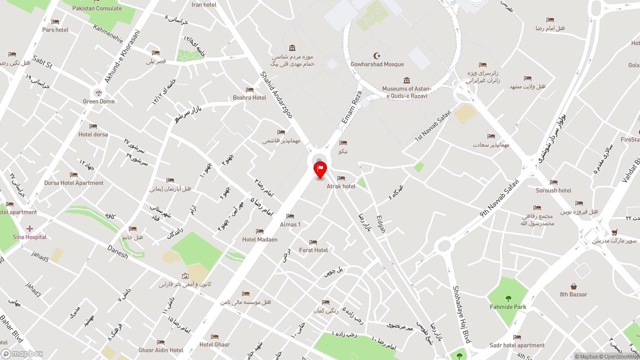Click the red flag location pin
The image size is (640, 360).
(x=320, y=169)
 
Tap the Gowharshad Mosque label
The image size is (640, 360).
(x=377, y=64)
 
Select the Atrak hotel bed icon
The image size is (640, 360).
(x=341, y=178)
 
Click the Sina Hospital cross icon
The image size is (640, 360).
(x=29, y=228)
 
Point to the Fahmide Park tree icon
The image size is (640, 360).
(x=508, y=298)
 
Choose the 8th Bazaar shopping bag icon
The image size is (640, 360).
(x=573, y=286)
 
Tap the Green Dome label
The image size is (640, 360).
(x=99, y=101)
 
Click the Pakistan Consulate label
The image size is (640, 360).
(x=97, y=8)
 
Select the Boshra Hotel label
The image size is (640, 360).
(x=249, y=98)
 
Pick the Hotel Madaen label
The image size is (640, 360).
(x=260, y=239)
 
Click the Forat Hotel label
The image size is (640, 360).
(x=313, y=250)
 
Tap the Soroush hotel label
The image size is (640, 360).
(x=553, y=190)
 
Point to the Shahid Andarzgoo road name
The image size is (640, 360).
(x=276, y=95)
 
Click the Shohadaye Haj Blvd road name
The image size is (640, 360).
(x=461, y=314)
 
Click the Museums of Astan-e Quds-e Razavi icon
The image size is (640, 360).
(x=406, y=80)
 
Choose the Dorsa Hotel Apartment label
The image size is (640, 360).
(x=73, y=183)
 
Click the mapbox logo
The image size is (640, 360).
(x=22, y=354)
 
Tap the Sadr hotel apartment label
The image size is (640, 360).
(x=517, y=345)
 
